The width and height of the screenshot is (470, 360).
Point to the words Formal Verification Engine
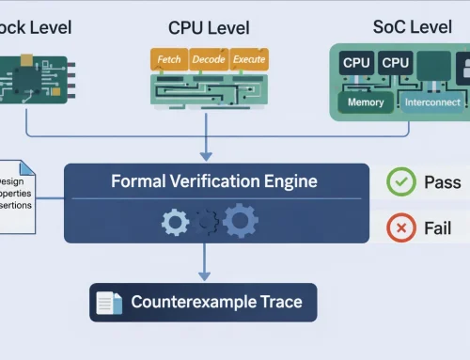[x=215, y=181]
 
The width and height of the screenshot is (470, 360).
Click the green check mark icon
[x=402, y=181]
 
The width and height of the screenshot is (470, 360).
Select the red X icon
[x=402, y=228]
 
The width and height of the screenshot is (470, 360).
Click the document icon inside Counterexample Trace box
[x=111, y=303]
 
